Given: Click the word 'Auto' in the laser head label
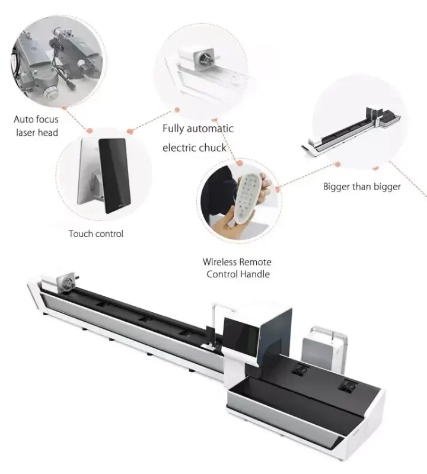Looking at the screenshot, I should coord(24,120).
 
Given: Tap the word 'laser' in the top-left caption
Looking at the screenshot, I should coord(26,133).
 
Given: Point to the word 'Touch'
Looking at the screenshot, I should coord(81,234).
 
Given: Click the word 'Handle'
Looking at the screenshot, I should coord(255,274).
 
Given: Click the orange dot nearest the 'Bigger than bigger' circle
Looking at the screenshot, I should coord(337,164).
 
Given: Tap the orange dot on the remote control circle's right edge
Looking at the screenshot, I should coord(278,185).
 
